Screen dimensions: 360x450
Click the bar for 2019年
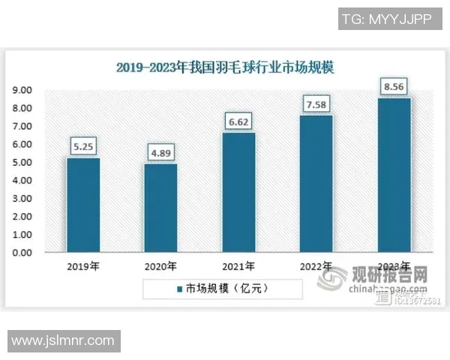(x=83, y=205)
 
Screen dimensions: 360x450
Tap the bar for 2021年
(x=238, y=193)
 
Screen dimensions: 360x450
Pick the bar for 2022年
(x=316, y=184)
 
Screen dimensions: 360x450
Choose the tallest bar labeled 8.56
(x=394, y=175)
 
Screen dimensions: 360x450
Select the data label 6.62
(x=238, y=121)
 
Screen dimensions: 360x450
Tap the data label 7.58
(x=316, y=103)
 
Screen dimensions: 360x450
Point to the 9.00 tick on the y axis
(x=21, y=90)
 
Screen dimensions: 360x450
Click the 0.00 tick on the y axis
(x=21, y=253)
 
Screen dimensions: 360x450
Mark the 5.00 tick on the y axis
(x=21, y=163)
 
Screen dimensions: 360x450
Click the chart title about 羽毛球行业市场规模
(x=225, y=67)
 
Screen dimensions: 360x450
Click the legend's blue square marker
(x=179, y=288)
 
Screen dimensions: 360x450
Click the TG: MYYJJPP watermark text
(x=385, y=19)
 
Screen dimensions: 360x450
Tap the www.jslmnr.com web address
(x=63, y=341)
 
